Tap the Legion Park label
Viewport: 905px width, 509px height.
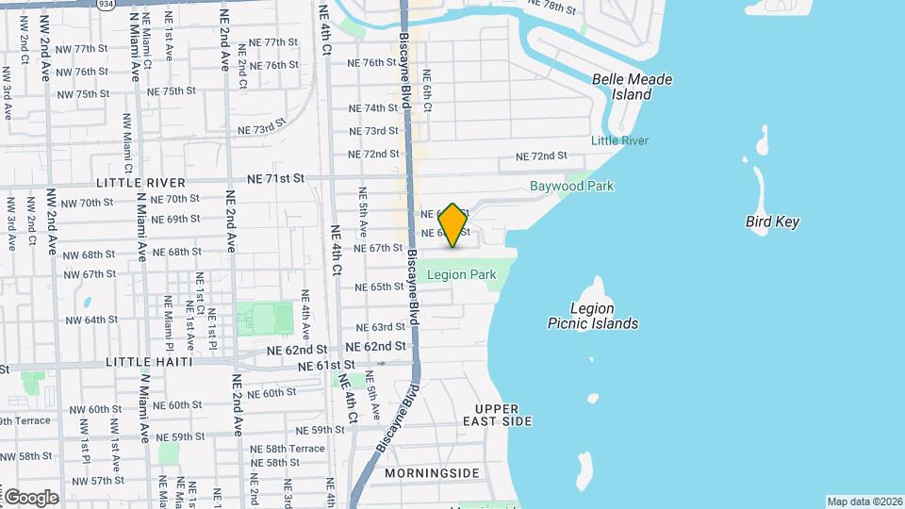(x=461, y=274)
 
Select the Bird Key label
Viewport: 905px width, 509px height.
(x=772, y=222)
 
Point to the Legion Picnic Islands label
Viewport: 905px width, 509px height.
(x=592, y=316)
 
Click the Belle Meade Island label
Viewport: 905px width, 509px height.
(x=632, y=87)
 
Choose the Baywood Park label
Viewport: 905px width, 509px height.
(x=571, y=186)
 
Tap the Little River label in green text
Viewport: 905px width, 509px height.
(x=619, y=140)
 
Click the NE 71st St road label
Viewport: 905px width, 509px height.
(x=276, y=177)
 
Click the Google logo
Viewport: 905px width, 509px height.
(x=30, y=497)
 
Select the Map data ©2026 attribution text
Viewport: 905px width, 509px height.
(x=864, y=501)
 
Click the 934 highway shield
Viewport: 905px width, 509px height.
(x=105, y=4)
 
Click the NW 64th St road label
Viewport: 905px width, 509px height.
(x=90, y=320)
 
